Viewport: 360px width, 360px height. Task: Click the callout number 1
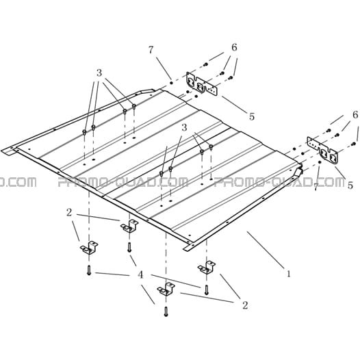point(289,274)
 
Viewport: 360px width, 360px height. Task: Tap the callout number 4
point(140,274)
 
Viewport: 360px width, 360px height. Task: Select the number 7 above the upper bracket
point(151,50)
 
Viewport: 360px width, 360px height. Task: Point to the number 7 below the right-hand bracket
point(316,187)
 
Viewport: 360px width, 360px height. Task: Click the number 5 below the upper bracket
point(252,116)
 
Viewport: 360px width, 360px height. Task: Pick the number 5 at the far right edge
point(350,185)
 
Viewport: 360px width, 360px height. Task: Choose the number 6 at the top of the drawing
point(234,47)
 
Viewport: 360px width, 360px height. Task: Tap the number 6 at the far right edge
point(355,114)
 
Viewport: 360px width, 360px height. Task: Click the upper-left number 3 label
point(99,73)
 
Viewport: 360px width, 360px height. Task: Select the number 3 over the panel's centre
point(184,128)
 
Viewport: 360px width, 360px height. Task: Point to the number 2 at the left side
point(69,213)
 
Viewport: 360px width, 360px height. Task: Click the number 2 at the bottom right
point(245,305)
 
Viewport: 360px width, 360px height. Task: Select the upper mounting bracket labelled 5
point(202,84)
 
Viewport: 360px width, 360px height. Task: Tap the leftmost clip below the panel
point(89,248)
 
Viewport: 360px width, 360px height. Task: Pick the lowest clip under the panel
point(166,289)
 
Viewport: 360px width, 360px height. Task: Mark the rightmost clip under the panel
point(207,268)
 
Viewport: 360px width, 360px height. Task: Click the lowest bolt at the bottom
point(166,312)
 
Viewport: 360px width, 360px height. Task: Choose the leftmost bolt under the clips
point(89,270)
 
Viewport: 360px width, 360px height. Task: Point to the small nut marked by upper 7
point(171,82)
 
